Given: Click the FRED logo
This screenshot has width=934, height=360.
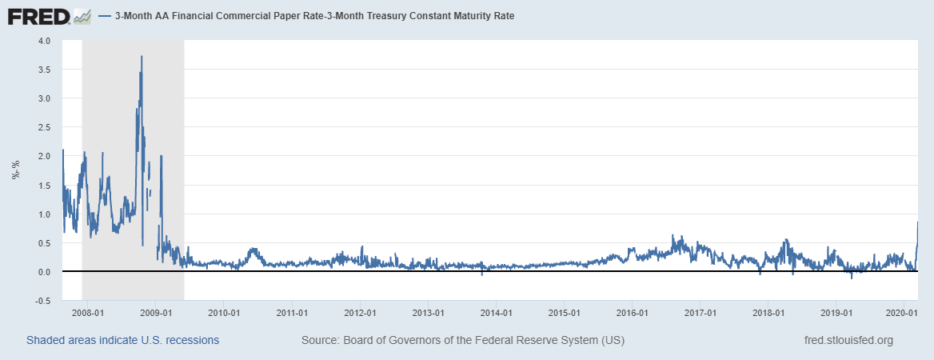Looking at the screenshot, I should [x=38, y=15].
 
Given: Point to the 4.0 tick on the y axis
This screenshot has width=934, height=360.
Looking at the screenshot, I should [x=44, y=40].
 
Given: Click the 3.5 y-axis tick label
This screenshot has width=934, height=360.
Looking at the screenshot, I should [x=44, y=70].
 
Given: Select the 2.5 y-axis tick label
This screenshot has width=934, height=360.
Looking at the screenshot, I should [x=44, y=127].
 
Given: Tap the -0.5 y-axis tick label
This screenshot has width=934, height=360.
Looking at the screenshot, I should [x=42, y=301].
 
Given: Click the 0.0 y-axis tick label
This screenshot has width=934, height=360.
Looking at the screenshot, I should [x=44, y=272].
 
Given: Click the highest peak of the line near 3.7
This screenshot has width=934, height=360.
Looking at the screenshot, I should [x=142, y=57].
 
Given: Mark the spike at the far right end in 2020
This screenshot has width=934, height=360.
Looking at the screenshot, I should [x=917, y=222].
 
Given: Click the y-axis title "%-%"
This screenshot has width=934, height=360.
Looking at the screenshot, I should [x=15, y=170].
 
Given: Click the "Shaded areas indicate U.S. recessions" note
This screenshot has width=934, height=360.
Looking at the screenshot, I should [x=122, y=340].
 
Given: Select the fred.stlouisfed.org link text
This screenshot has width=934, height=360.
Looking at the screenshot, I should [x=848, y=340].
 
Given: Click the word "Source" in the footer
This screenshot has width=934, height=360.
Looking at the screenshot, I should [x=318, y=340].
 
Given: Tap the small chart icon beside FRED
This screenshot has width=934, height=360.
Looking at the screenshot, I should [x=82, y=15].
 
